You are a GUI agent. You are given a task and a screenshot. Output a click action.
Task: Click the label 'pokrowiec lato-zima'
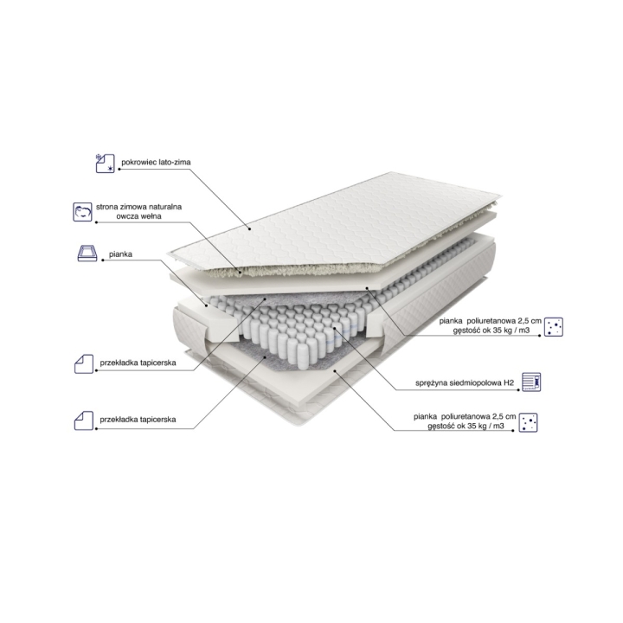coord(156,162)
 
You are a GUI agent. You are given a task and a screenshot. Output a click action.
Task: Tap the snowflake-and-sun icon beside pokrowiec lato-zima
coord(106,164)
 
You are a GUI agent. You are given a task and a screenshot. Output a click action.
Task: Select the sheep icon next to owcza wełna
coord(83,212)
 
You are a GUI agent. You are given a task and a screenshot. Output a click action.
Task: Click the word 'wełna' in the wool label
coord(151,216)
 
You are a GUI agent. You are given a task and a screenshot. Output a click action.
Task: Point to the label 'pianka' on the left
coord(120,254)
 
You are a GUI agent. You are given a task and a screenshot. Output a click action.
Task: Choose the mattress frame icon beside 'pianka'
coord(87,253)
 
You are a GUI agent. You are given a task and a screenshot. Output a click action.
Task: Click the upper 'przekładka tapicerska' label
coord(138,363)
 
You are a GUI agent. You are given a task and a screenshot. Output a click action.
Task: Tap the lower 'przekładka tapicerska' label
coord(138,420)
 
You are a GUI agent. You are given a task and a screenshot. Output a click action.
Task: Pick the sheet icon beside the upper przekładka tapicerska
coord(84,364)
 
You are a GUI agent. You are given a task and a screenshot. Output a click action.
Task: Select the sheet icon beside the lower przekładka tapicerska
coord(84,421)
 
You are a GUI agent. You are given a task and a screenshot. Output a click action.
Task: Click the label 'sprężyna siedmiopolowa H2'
coord(465,383)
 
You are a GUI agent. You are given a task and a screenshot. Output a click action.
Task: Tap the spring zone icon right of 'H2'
coord(531,382)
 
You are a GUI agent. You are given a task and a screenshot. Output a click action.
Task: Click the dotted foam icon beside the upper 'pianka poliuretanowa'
coord(554,327)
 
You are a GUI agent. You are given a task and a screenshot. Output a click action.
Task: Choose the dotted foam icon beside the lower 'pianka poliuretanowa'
coord(528,422)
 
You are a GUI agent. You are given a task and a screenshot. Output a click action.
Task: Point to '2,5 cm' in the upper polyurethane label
coord(530,321)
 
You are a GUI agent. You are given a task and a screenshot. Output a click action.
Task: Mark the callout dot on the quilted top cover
coord(249,228)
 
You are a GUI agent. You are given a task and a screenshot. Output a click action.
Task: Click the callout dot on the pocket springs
coord(334,328)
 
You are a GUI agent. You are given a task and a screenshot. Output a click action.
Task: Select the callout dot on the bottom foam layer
coord(335,370)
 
